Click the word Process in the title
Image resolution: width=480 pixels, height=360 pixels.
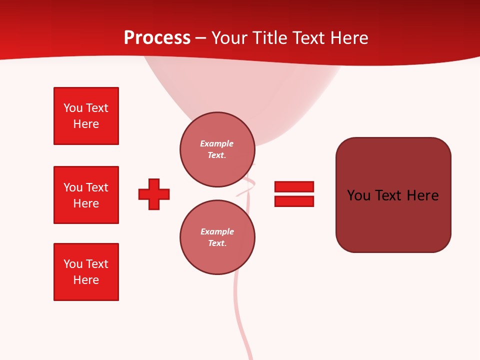tap(157, 38)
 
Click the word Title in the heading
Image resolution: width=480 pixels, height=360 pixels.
tap(269, 38)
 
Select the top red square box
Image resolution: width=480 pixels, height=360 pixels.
tap(86, 116)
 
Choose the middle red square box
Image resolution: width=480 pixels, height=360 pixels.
tap(86, 195)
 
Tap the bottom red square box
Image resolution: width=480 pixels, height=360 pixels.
tap(86, 272)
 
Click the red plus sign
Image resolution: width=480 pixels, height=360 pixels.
tap(154, 194)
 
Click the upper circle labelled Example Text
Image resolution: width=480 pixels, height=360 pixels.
tap(217, 149)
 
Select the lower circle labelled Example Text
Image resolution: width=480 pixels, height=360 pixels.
tap(217, 237)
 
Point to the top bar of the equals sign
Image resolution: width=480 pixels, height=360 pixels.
tap(294, 186)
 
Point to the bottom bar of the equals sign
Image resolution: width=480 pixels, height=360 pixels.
tap(294, 201)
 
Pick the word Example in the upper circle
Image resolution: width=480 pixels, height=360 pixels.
tap(217, 143)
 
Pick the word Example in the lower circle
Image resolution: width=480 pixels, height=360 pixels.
tap(217, 231)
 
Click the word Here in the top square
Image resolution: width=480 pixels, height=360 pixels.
tap(86, 124)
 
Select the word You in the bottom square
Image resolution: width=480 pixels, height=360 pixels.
tap(72, 264)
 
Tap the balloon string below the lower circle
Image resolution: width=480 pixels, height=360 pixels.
tap(238, 305)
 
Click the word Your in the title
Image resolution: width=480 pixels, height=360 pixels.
tap(230, 38)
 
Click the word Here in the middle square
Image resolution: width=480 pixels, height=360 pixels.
tap(86, 203)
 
